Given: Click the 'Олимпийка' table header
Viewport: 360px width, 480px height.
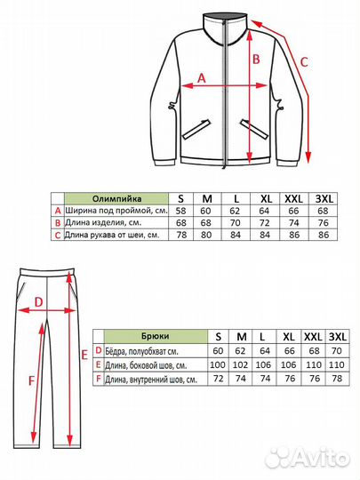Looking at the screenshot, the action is coord(116,199).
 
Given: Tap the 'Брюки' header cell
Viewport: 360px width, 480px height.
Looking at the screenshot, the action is coord(156,336).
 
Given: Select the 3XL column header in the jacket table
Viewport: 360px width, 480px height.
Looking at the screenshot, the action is coord(324,199).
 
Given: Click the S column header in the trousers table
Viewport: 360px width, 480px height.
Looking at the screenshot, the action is coord(218,337).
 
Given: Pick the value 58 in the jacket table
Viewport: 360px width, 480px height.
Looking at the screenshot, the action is coord(181,211).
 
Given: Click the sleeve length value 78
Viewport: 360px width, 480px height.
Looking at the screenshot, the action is coord(181,235).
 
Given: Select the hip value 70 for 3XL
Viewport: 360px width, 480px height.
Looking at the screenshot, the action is coord(336,350).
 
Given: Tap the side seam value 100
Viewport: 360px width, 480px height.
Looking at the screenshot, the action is coord(218,364).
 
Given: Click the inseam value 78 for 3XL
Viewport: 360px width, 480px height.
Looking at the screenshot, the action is coord(337,379).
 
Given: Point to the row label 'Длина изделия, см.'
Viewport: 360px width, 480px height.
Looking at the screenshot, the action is coord(103,222).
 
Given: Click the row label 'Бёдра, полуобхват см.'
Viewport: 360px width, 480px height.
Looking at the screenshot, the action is coord(141,351).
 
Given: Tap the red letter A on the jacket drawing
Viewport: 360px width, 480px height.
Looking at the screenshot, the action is coord(201,78).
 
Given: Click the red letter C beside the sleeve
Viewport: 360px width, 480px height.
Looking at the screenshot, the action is coord(304,62).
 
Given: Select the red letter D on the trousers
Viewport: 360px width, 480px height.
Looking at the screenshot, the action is coord(38,302).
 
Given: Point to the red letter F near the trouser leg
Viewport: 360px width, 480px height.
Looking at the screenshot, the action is coord(31,380).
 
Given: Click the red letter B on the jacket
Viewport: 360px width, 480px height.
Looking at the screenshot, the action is coord(256,59).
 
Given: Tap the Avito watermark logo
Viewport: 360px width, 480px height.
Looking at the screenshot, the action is coord(307,459).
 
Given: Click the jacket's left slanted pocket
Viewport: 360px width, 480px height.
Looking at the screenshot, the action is coord(196,130).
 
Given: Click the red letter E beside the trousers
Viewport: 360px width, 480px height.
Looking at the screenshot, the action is coord(84,355).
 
